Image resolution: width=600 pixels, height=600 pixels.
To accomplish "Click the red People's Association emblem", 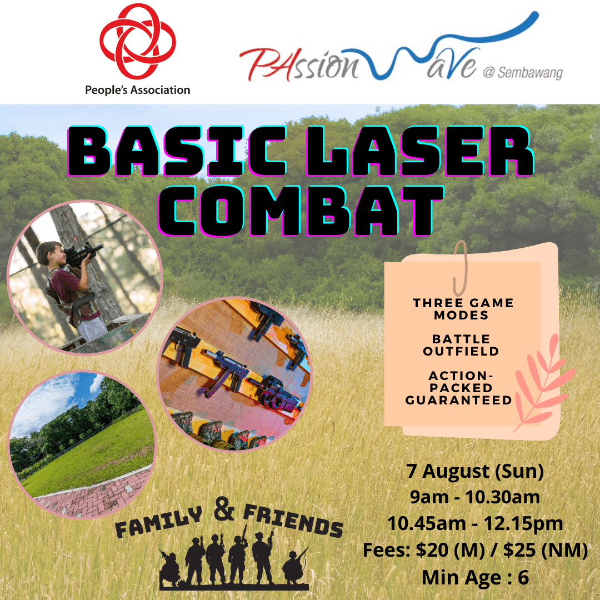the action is tap(138, 41).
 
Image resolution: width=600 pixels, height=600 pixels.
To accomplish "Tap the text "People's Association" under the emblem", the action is tap(138, 91).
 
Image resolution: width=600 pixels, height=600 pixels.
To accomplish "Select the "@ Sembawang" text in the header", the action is tap(523, 73).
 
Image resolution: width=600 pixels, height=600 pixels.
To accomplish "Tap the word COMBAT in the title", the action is tap(301, 211).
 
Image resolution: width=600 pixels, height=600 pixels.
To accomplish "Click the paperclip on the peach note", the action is tap(461, 268).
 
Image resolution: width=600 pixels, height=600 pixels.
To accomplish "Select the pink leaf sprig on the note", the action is tap(544, 383).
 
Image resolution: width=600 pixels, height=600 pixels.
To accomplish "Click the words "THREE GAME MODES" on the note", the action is tap(463, 309).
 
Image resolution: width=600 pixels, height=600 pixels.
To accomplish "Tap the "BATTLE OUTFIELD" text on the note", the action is tap(461, 345).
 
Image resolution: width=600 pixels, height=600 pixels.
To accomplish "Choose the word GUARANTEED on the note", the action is tap(458, 400).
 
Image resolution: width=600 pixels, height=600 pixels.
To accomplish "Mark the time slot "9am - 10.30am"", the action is tap(475, 497).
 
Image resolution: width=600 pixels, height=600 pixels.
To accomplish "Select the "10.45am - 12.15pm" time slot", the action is tap(475, 523).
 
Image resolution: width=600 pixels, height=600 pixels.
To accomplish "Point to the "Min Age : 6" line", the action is tap(475, 577).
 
